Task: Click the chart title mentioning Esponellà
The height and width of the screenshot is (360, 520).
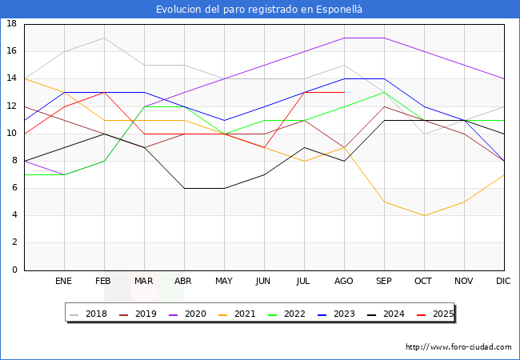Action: pos(259,9)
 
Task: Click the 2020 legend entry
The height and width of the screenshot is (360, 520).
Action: pos(202,314)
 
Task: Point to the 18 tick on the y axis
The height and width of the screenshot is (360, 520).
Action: pos(12,24)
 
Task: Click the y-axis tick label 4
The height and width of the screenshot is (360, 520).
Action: pos(14,215)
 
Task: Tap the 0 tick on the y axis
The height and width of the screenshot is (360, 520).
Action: pos(14,270)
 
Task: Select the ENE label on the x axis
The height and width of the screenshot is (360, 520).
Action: pos(64,282)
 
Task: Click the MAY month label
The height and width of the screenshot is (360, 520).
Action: pos(224,282)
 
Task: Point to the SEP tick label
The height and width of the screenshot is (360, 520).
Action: pos(384,282)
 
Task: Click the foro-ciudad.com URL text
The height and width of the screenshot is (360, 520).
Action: pos(458,347)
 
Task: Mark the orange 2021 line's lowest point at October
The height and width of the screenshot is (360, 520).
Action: pos(424,215)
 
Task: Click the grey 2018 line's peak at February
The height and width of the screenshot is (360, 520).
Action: pos(104,38)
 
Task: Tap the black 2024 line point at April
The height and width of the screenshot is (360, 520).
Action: pos(184,188)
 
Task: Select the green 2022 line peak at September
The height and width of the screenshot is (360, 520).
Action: pos(384,92)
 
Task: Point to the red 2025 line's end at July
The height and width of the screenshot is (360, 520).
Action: pos(304,92)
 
